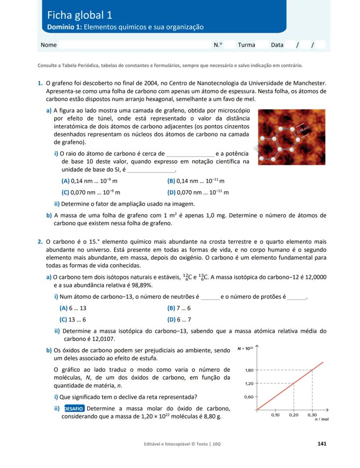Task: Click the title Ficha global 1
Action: point(80,15)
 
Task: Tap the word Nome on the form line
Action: point(49,45)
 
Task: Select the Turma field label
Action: point(247,45)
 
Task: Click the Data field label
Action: point(277,45)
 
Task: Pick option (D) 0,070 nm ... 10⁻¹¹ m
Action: point(198,192)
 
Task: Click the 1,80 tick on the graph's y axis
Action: point(249,370)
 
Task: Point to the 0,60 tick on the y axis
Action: point(249,397)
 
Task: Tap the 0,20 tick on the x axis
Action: point(294,415)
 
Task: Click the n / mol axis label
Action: point(322,420)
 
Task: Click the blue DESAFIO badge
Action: point(74,408)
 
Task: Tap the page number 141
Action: point(322,444)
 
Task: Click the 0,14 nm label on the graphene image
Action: point(303,128)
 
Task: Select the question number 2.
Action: point(40,242)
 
